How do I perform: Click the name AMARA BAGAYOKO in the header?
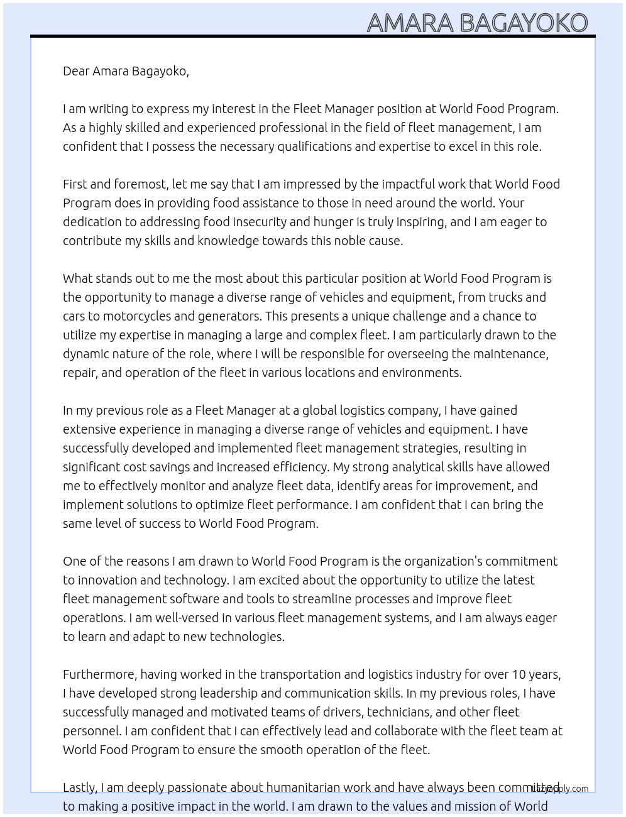(477, 23)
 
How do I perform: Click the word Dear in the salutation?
(76, 71)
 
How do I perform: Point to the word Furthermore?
(99, 674)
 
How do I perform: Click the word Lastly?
(80, 787)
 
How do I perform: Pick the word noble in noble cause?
(351, 241)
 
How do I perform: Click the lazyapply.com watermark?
(561, 789)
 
